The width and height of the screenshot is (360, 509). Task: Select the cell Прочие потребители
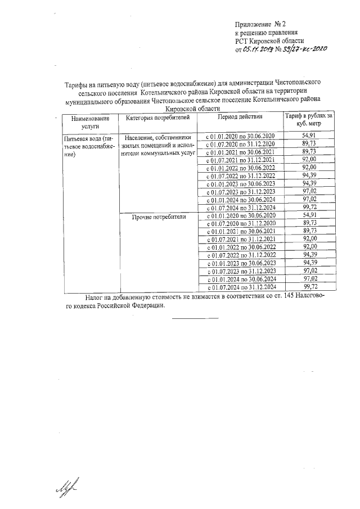click(158, 216)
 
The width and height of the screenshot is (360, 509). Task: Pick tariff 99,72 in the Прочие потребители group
click(307, 286)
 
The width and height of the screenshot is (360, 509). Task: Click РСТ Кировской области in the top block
click(269, 40)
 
